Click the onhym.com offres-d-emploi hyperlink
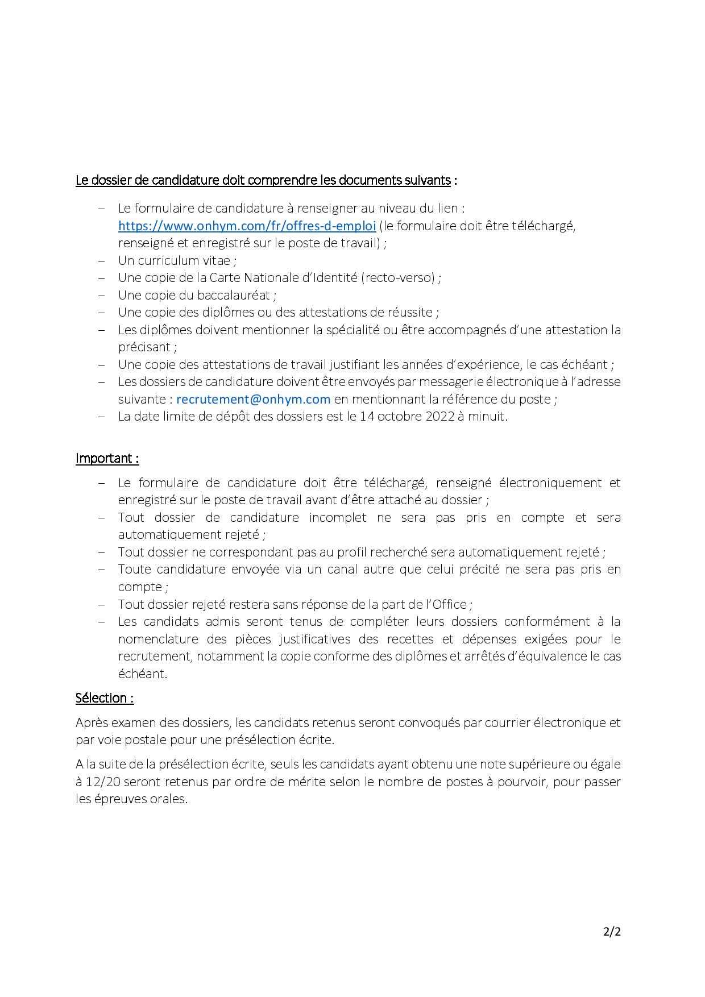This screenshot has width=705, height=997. click(x=247, y=226)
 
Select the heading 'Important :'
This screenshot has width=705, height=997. click(x=107, y=459)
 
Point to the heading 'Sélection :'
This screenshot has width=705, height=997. click(x=105, y=698)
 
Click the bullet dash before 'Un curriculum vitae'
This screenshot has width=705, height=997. click(x=102, y=261)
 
